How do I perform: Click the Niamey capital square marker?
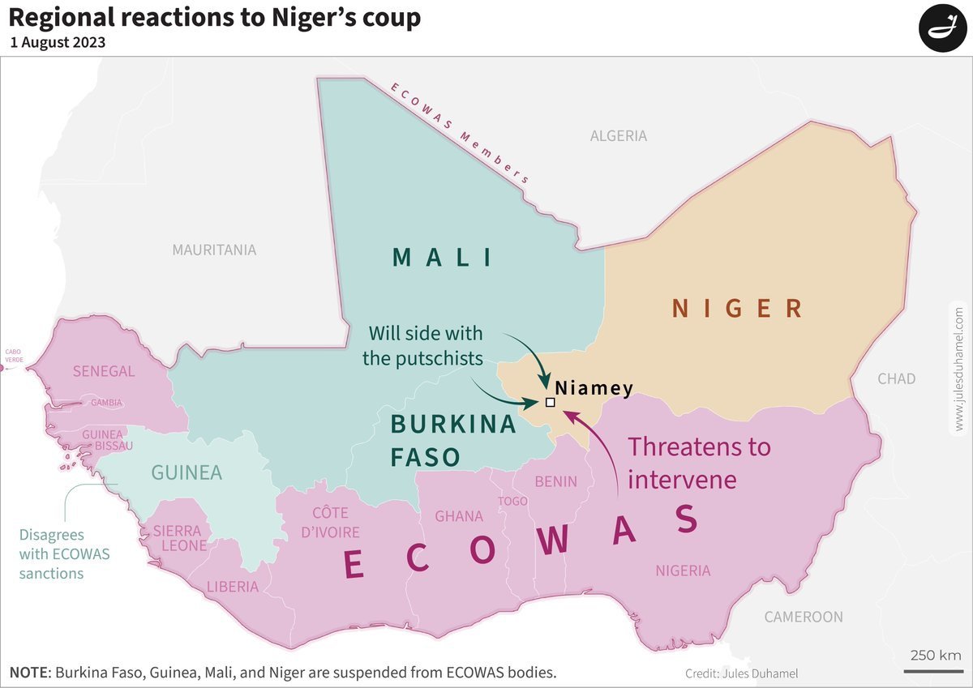coord(551,403)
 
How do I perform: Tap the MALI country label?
coord(443,258)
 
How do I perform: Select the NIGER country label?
coord(737,308)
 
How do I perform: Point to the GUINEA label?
coord(187,472)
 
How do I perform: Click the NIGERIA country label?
coord(683,571)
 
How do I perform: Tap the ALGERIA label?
coord(618,136)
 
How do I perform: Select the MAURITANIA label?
coord(214,250)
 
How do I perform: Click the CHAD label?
coord(897,378)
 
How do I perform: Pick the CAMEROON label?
coord(804,617)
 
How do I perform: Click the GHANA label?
coord(459,516)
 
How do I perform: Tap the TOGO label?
coord(512,502)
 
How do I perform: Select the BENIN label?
coord(555,481)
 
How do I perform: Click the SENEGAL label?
coord(104,371)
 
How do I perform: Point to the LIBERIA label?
coord(233,587)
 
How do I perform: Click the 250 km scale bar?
coord(933,669)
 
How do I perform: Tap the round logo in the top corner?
coord(944,28)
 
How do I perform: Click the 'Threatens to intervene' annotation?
coord(699,463)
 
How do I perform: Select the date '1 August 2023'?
coord(58,43)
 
